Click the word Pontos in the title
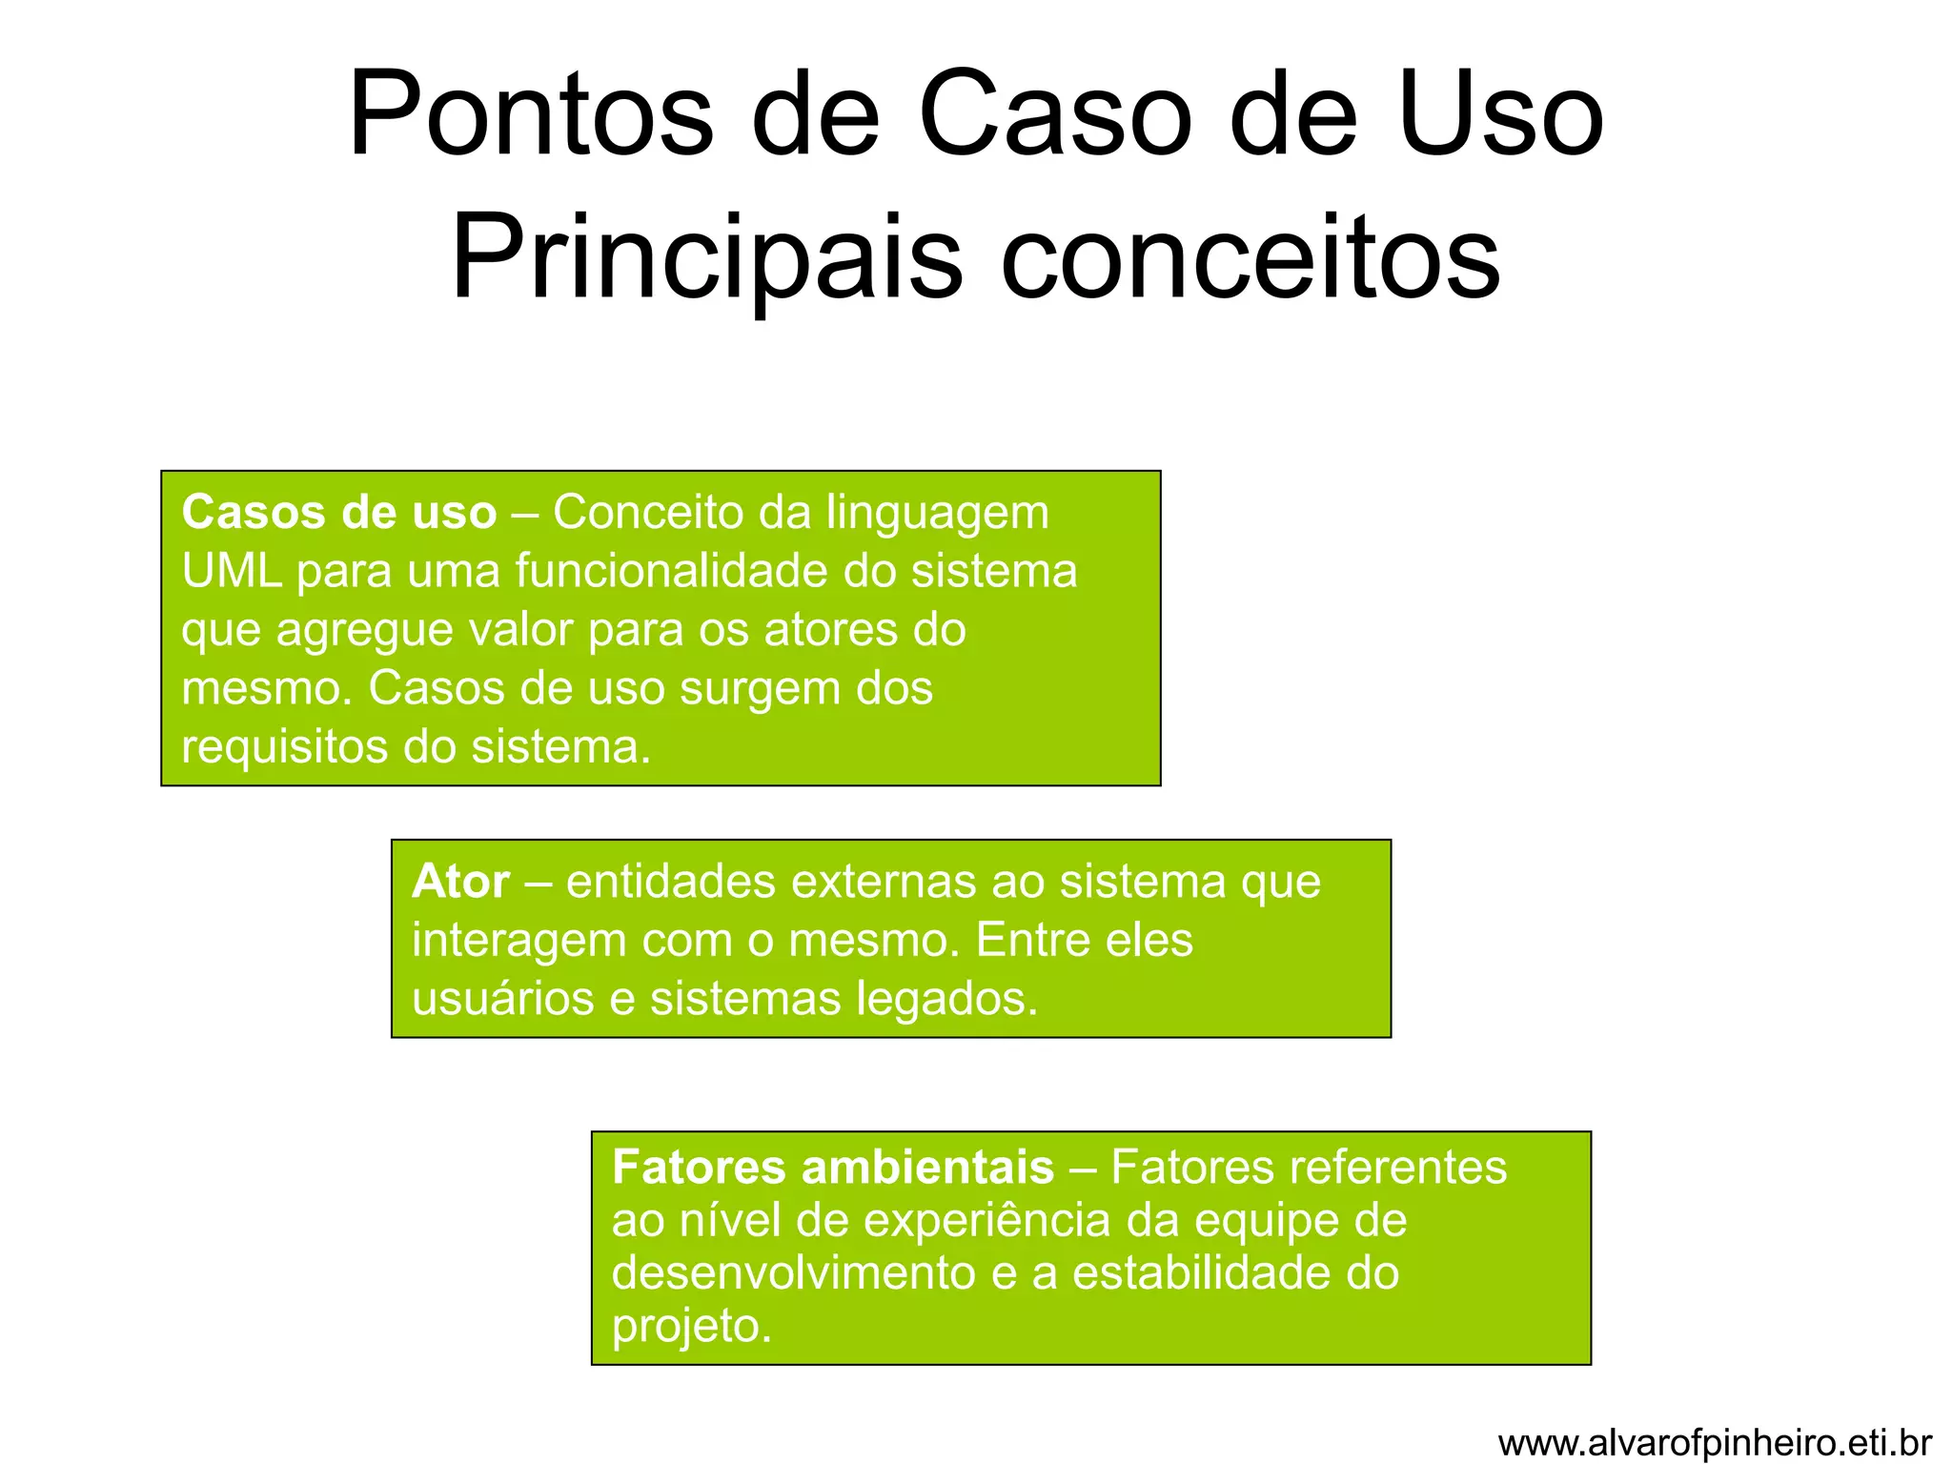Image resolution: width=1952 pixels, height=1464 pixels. point(530,116)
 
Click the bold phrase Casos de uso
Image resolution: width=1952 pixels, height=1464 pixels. point(338,513)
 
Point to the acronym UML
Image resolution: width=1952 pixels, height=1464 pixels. point(232,572)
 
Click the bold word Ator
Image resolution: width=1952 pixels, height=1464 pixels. point(460,882)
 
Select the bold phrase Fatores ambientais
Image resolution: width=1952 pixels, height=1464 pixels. point(832,1168)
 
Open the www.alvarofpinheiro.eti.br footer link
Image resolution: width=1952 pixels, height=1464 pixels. point(1715,1443)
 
